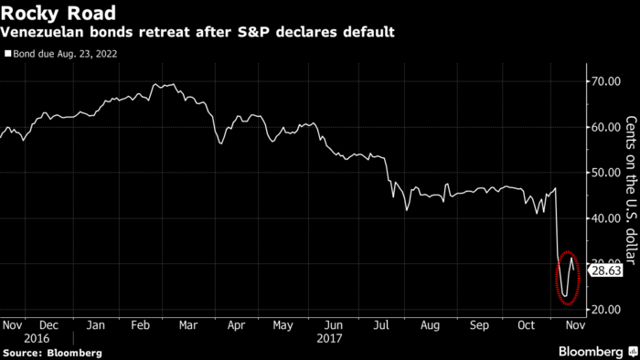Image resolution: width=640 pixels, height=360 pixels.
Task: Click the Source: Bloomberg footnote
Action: (51, 352)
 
